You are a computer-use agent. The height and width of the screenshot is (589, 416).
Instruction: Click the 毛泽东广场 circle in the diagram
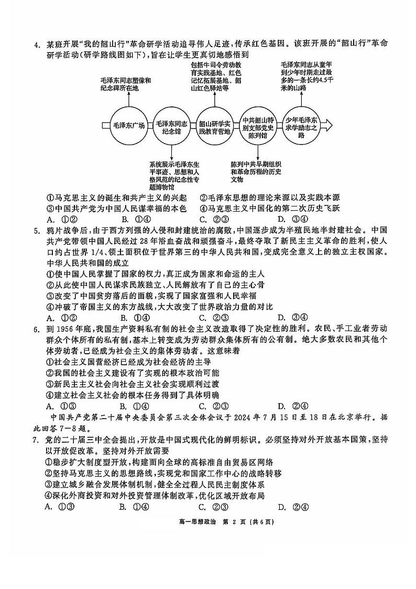[128, 126]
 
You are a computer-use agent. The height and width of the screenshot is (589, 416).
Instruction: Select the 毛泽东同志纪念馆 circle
[172, 126]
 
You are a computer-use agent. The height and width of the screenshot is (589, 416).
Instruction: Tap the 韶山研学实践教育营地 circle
[215, 126]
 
